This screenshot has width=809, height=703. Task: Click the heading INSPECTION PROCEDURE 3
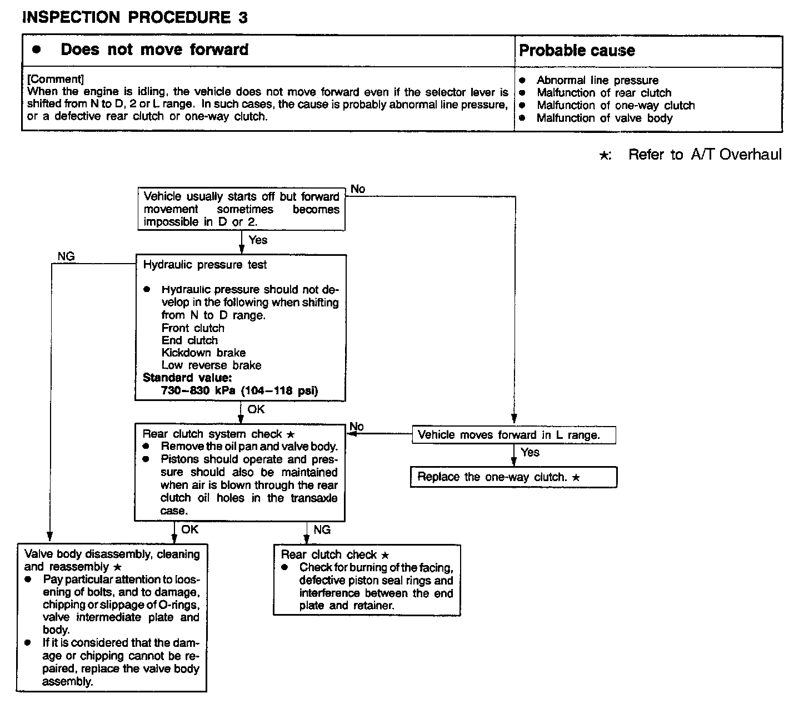click(134, 18)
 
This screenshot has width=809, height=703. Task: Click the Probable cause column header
click(577, 51)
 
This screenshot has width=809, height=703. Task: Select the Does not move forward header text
click(154, 49)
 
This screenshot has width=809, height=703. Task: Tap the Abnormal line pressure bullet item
click(597, 80)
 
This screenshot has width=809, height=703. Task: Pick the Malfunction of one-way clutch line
click(615, 105)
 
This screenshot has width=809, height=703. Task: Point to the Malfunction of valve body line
click(604, 118)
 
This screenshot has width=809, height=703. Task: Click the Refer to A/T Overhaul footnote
click(704, 155)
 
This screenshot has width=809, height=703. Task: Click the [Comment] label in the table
click(56, 79)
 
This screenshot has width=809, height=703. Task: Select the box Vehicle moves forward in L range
click(508, 435)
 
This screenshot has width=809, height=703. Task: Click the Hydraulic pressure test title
click(204, 265)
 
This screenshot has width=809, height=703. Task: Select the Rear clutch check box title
click(334, 555)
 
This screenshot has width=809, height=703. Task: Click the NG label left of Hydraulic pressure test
click(66, 256)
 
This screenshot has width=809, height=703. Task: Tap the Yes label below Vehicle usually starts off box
click(258, 240)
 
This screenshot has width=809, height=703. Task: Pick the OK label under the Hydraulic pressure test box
click(256, 409)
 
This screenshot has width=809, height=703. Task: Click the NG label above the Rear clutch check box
click(322, 530)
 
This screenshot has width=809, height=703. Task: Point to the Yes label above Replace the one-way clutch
click(530, 452)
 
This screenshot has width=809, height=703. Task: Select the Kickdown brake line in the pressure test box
click(203, 353)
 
